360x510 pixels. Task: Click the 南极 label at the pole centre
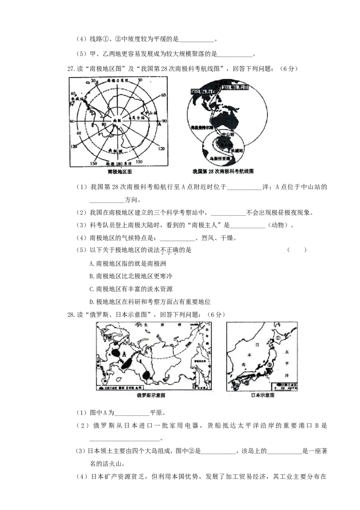click(117, 121)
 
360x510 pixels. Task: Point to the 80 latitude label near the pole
click(104, 124)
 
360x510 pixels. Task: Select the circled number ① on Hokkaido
click(279, 336)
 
